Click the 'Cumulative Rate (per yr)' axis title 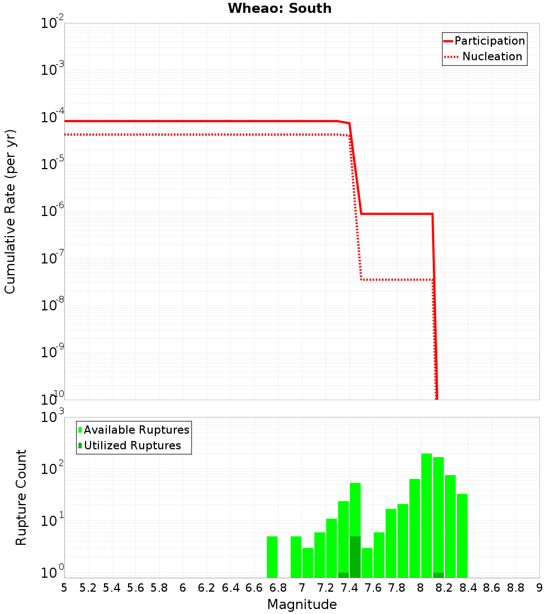tap(10, 212)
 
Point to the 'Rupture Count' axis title tap(21, 497)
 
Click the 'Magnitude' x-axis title tap(302, 605)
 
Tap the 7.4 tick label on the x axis tap(349, 588)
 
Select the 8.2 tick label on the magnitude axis tap(444, 588)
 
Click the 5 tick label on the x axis tap(64, 588)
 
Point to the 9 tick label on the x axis tap(539, 588)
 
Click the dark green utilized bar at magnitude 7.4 tap(355, 557)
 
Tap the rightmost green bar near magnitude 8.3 tap(462, 535)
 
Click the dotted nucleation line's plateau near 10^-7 tap(397, 279)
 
